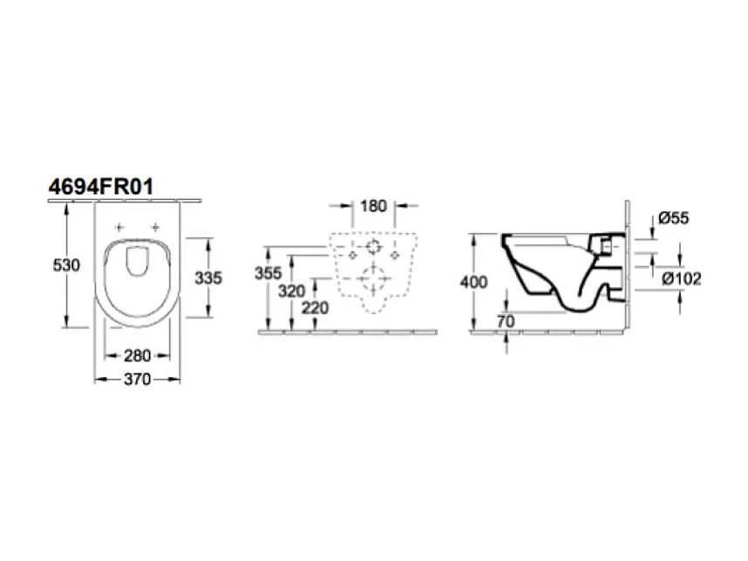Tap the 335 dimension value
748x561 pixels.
click(x=208, y=277)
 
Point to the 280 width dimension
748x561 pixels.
click(x=137, y=355)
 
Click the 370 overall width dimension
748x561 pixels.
click(x=137, y=379)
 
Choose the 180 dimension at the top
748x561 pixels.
click(x=373, y=207)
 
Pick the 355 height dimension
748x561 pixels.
click(x=269, y=273)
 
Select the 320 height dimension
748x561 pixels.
click(x=294, y=291)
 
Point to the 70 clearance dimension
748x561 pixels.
click(x=507, y=322)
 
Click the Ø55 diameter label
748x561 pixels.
click(x=674, y=218)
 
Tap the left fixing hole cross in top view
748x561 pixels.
click(x=119, y=227)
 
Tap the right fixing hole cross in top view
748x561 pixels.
click(x=156, y=227)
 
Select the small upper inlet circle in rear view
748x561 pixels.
click(x=373, y=247)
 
